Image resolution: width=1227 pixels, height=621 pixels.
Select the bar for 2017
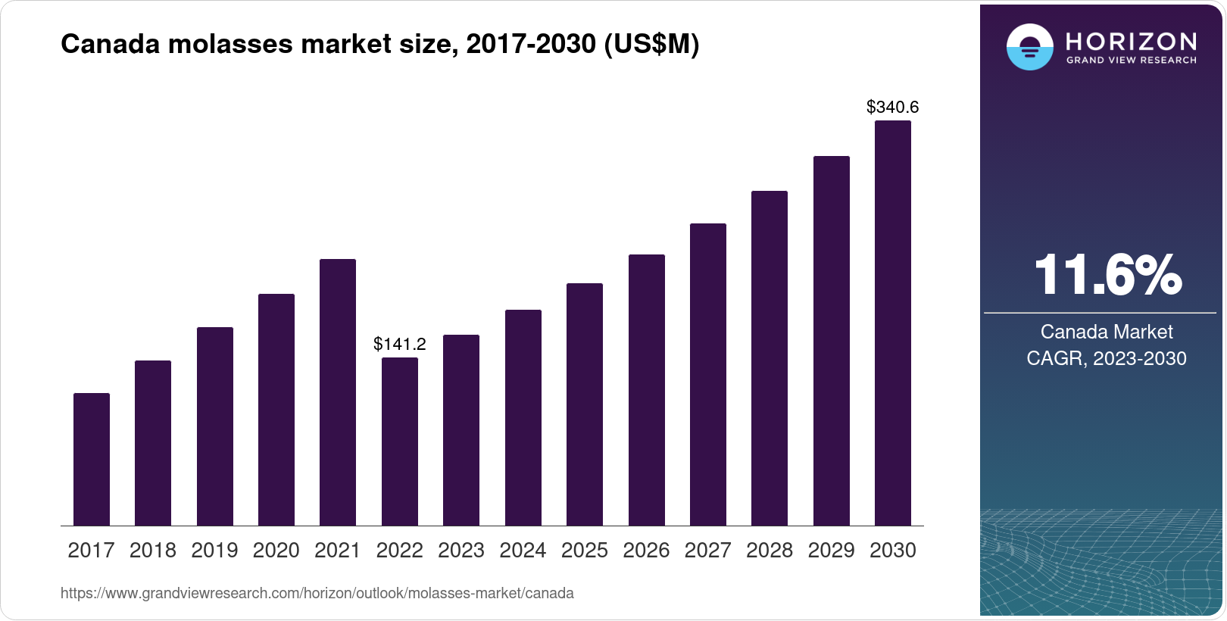(x=92, y=460)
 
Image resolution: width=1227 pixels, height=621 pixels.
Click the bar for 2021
(x=338, y=392)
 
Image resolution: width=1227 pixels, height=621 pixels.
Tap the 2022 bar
(x=400, y=442)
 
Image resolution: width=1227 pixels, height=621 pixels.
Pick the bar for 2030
(x=893, y=323)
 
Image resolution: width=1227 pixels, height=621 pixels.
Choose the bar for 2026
(x=647, y=390)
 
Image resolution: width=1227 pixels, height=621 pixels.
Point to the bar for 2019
(x=215, y=426)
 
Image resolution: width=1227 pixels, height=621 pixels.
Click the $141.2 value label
(x=400, y=344)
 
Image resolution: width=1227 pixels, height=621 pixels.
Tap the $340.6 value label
(x=893, y=107)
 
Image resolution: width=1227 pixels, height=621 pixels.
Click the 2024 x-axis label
(x=523, y=551)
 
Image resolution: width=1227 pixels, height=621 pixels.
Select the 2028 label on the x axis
(x=770, y=551)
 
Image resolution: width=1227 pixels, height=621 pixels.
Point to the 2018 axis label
(x=153, y=551)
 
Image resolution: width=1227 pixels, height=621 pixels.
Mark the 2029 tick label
(x=831, y=551)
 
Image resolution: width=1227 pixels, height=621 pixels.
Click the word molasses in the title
(x=230, y=44)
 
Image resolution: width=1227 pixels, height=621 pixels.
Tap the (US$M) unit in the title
(x=651, y=45)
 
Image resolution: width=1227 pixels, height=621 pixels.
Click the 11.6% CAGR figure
(x=1107, y=275)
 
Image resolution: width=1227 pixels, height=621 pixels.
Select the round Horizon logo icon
(x=1030, y=47)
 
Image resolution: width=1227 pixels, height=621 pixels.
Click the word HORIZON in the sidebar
(x=1132, y=42)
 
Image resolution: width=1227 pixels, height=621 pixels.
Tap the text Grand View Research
(x=1132, y=61)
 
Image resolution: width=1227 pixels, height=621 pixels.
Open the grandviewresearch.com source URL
(x=317, y=593)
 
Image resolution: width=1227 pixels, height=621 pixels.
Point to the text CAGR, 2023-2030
(x=1107, y=358)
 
